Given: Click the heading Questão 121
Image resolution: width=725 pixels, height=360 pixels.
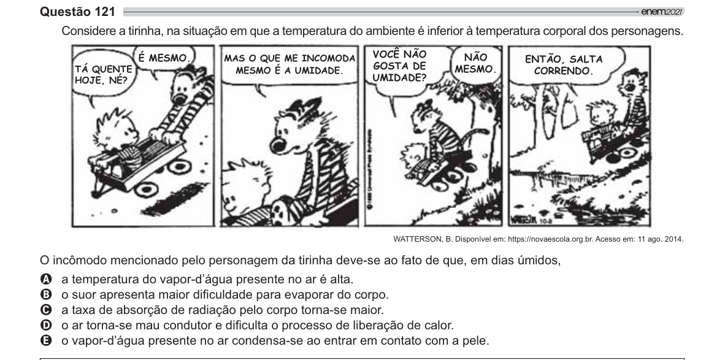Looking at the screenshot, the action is click(x=78, y=12).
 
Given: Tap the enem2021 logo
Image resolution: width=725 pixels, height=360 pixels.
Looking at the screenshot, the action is click(x=662, y=12).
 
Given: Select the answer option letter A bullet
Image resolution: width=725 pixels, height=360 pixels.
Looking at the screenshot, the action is click(x=46, y=279).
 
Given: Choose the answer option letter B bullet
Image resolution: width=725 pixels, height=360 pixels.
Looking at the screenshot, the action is click(x=46, y=294).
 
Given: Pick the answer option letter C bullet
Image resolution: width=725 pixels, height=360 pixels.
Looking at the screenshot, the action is click(x=46, y=310).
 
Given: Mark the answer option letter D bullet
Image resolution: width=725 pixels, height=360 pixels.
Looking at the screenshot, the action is click(x=46, y=325).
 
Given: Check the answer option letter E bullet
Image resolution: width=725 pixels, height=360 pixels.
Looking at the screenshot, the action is click(x=46, y=340).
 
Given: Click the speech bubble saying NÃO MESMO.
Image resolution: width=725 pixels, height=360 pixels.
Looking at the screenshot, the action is click(x=475, y=64).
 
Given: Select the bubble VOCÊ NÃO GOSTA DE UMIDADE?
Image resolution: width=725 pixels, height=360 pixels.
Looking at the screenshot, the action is click(x=401, y=67).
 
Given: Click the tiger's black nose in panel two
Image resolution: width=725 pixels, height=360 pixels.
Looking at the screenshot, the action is click(x=279, y=145).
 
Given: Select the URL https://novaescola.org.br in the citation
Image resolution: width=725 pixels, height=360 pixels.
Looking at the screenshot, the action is click(x=550, y=239).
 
